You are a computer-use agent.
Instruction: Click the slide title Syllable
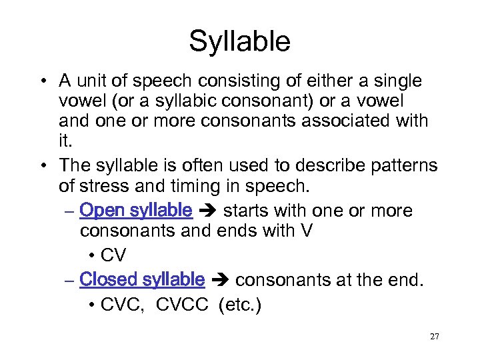(x=239, y=41)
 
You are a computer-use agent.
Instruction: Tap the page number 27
(x=434, y=337)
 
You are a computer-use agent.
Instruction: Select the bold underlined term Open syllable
(x=135, y=211)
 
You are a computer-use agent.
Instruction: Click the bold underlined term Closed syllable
(x=141, y=279)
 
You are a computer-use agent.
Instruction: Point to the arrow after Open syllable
(x=207, y=211)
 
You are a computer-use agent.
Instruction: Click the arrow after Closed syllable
(x=220, y=280)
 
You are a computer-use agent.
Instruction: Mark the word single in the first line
(x=398, y=81)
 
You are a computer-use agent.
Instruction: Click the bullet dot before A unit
(x=42, y=81)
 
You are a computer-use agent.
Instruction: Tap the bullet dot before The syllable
(x=42, y=166)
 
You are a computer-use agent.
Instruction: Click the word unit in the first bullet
(x=93, y=81)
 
